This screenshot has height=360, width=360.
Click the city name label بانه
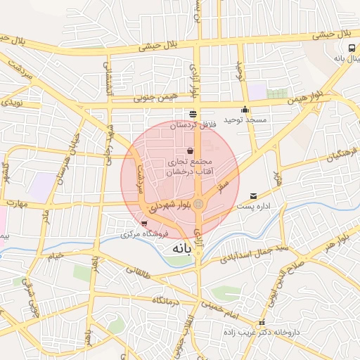179,249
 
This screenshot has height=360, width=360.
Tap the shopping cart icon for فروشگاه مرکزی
144,223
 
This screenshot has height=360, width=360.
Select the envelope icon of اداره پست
253,196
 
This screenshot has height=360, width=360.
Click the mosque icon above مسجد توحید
244,110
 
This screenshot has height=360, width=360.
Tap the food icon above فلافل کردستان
192,114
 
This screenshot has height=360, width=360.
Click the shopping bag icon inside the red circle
190,150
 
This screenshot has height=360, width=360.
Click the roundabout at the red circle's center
199,204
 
